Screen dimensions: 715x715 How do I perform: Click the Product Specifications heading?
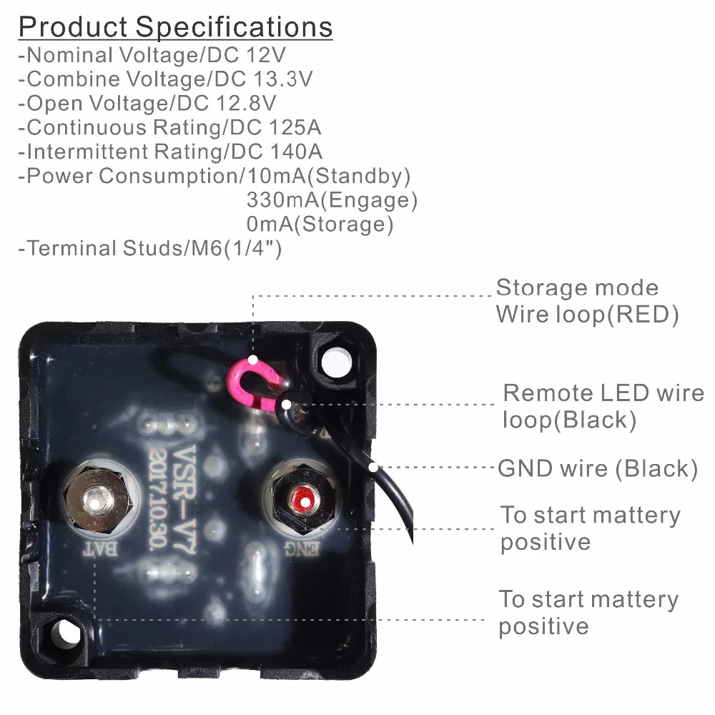click(175, 27)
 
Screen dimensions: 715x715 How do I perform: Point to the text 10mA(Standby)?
click(328, 176)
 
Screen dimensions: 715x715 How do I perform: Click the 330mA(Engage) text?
click(332, 200)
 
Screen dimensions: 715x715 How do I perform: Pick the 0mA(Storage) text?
click(320, 225)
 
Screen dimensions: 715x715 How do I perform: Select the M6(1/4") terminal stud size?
click(232, 249)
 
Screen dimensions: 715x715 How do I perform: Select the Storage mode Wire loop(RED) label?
click(586, 301)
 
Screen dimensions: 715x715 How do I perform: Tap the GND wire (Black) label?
click(597, 469)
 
